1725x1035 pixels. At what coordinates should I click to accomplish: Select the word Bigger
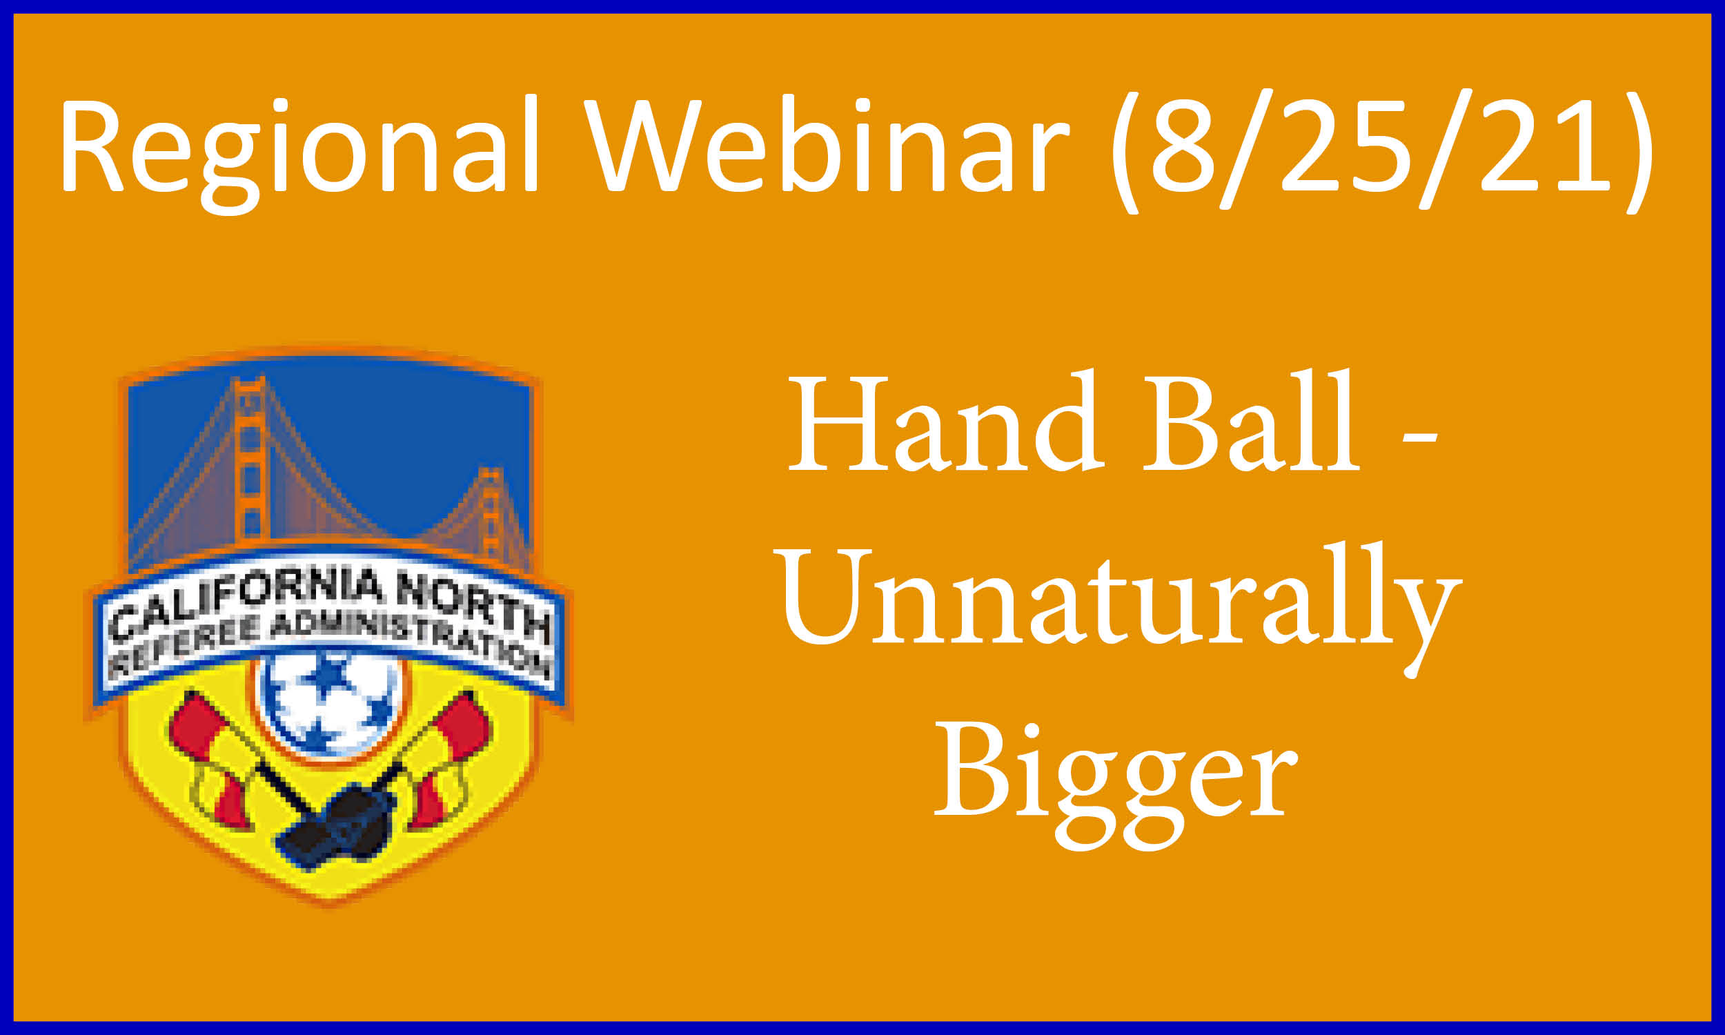(x=1116, y=787)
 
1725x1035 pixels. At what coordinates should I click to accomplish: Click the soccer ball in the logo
(x=329, y=704)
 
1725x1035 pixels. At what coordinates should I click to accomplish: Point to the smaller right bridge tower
(x=491, y=513)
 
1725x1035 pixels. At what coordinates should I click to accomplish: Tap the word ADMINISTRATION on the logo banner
(x=411, y=641)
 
